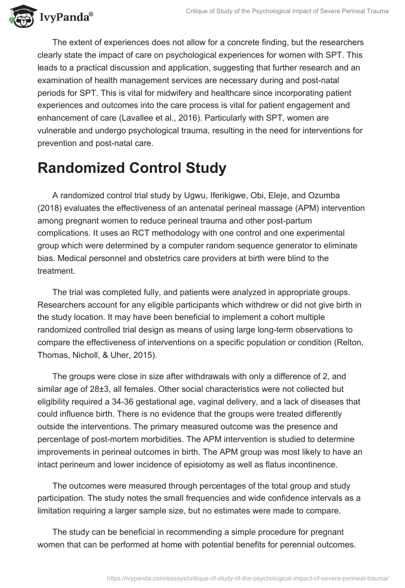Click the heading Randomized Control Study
pos(132,168)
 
